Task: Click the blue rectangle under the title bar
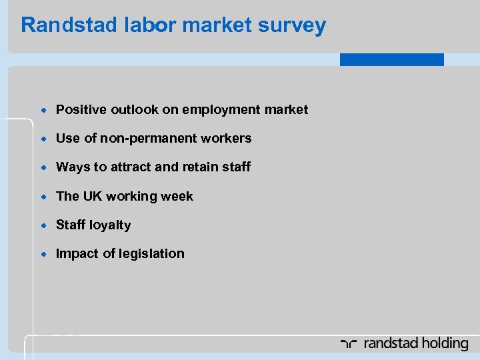click(391, 59)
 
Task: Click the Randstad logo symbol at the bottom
click(349, 344)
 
